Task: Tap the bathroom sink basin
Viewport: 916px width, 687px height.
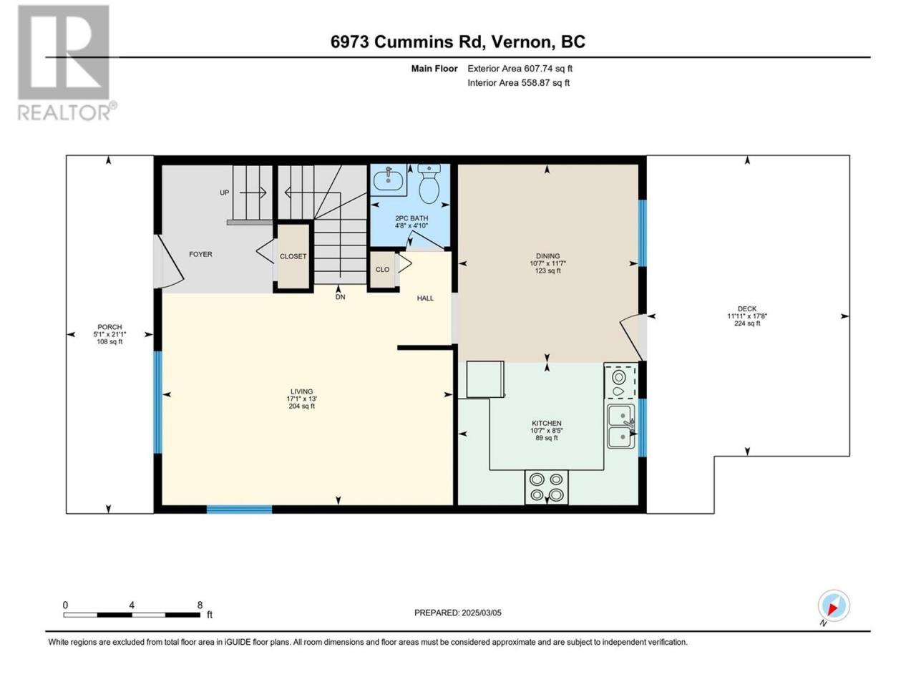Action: point(387,180)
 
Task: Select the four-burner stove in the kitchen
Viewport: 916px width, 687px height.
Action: point(546,487)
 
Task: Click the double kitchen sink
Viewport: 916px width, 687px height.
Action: point(620,426)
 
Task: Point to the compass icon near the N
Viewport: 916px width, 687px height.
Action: point(834,605)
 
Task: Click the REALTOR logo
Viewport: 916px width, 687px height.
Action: point(64,62)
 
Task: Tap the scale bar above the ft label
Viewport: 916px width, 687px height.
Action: point(132,615)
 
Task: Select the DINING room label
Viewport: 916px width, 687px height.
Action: point(547,255)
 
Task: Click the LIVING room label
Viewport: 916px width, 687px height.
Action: point(301,391)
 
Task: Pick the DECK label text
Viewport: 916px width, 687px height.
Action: point(747,308)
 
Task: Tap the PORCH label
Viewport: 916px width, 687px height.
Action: point(109,327)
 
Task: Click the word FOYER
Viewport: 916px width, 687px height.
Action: point(200,254)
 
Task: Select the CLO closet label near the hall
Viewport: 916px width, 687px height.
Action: point(382,270)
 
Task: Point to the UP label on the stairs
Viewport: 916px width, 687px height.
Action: point(225,193)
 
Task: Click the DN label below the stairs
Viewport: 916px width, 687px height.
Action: point(340,297)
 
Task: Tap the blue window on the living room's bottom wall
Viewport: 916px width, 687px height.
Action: point(240,509)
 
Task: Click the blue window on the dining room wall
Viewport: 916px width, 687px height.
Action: point(643,233)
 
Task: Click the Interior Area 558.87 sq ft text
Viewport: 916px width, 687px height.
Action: point(518,82)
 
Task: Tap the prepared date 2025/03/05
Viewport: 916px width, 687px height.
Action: point(481,613)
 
